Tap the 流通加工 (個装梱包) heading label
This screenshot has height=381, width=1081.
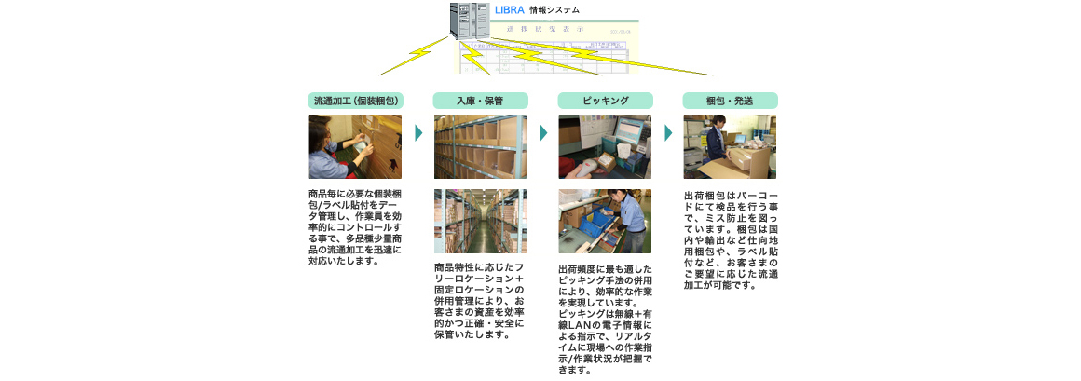(356, 100)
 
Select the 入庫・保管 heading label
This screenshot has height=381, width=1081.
(480, 100)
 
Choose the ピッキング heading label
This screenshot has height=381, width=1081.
(605, 100)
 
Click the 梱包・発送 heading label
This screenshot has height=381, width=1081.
(730, 100)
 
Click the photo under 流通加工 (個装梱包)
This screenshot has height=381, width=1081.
(355, 147)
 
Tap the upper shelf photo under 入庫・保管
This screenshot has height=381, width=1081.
(480, 147)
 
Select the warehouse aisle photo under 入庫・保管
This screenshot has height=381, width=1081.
(480, 221)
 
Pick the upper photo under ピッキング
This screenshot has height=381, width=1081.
(605, 147)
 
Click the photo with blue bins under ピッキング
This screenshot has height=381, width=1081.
(605, 221)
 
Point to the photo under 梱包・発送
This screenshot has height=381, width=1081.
(730, 147)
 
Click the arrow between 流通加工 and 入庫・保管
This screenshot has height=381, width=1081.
(418, 132)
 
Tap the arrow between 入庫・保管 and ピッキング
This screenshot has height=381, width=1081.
(543, 132)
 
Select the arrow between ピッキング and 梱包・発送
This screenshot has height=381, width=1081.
(668, 132)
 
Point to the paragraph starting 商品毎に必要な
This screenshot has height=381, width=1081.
(355, 228)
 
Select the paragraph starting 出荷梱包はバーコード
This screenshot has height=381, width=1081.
(730, 240)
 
